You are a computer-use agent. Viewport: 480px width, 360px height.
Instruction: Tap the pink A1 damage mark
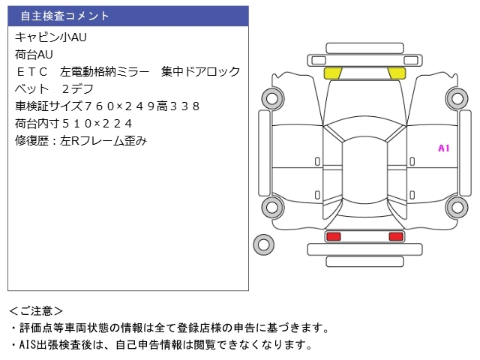(x=443, y=148)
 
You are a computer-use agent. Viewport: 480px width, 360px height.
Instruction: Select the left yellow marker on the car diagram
(x=332, y=73)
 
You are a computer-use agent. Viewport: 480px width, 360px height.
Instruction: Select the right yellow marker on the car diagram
(x=396, y=73)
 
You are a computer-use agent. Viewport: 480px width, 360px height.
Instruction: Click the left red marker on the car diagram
(x=332, y=236)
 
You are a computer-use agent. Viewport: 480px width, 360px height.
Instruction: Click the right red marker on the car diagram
(x=395, y=236)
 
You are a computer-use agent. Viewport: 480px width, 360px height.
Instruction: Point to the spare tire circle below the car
(x=262, y=243)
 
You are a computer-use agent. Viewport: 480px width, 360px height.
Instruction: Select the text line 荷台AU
(x=34, y=54)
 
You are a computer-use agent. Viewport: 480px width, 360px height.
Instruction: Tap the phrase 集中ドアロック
(x=200, y=71)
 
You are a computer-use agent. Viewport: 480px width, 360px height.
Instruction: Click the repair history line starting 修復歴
(x=80, y=140)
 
